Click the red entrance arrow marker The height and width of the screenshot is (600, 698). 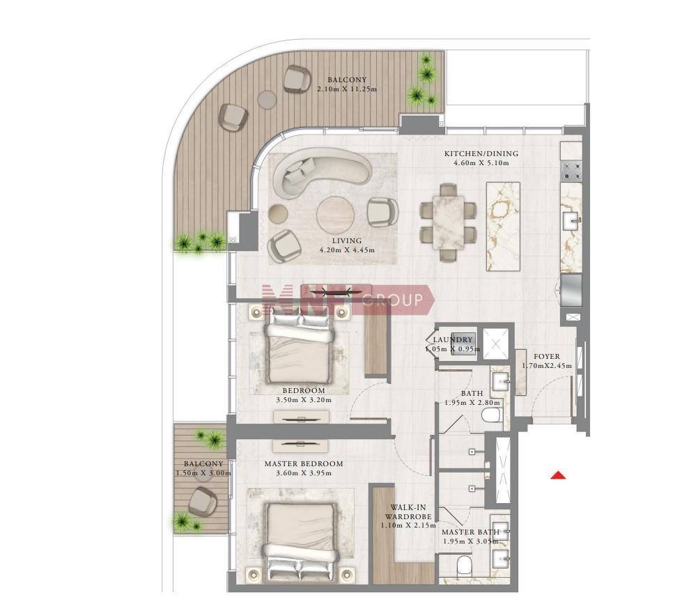coord(558,475)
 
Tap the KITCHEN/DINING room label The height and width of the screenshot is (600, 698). coord(481,154)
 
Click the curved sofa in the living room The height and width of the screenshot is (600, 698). coord(321,175)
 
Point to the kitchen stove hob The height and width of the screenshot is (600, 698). coord(571,171)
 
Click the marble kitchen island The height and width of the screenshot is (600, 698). coord(503,226)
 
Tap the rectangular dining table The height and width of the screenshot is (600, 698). coord(449,222)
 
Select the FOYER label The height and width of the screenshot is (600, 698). coord(547,356)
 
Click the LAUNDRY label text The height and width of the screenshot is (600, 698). coord(452,340)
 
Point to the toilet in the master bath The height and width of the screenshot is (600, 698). coord(465,567)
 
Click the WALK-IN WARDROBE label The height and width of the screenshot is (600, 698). coord(408,512)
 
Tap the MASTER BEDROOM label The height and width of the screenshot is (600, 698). coord(304,463)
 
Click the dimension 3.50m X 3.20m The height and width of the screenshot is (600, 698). coord(304,400)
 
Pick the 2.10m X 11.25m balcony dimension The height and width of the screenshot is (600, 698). coord(347,89)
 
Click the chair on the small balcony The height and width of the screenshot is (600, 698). coord(203,501)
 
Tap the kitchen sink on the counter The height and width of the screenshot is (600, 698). coord(571,220)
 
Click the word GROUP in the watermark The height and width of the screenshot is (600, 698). coord(392,300)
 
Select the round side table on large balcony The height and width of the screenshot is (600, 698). coord(267,99)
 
